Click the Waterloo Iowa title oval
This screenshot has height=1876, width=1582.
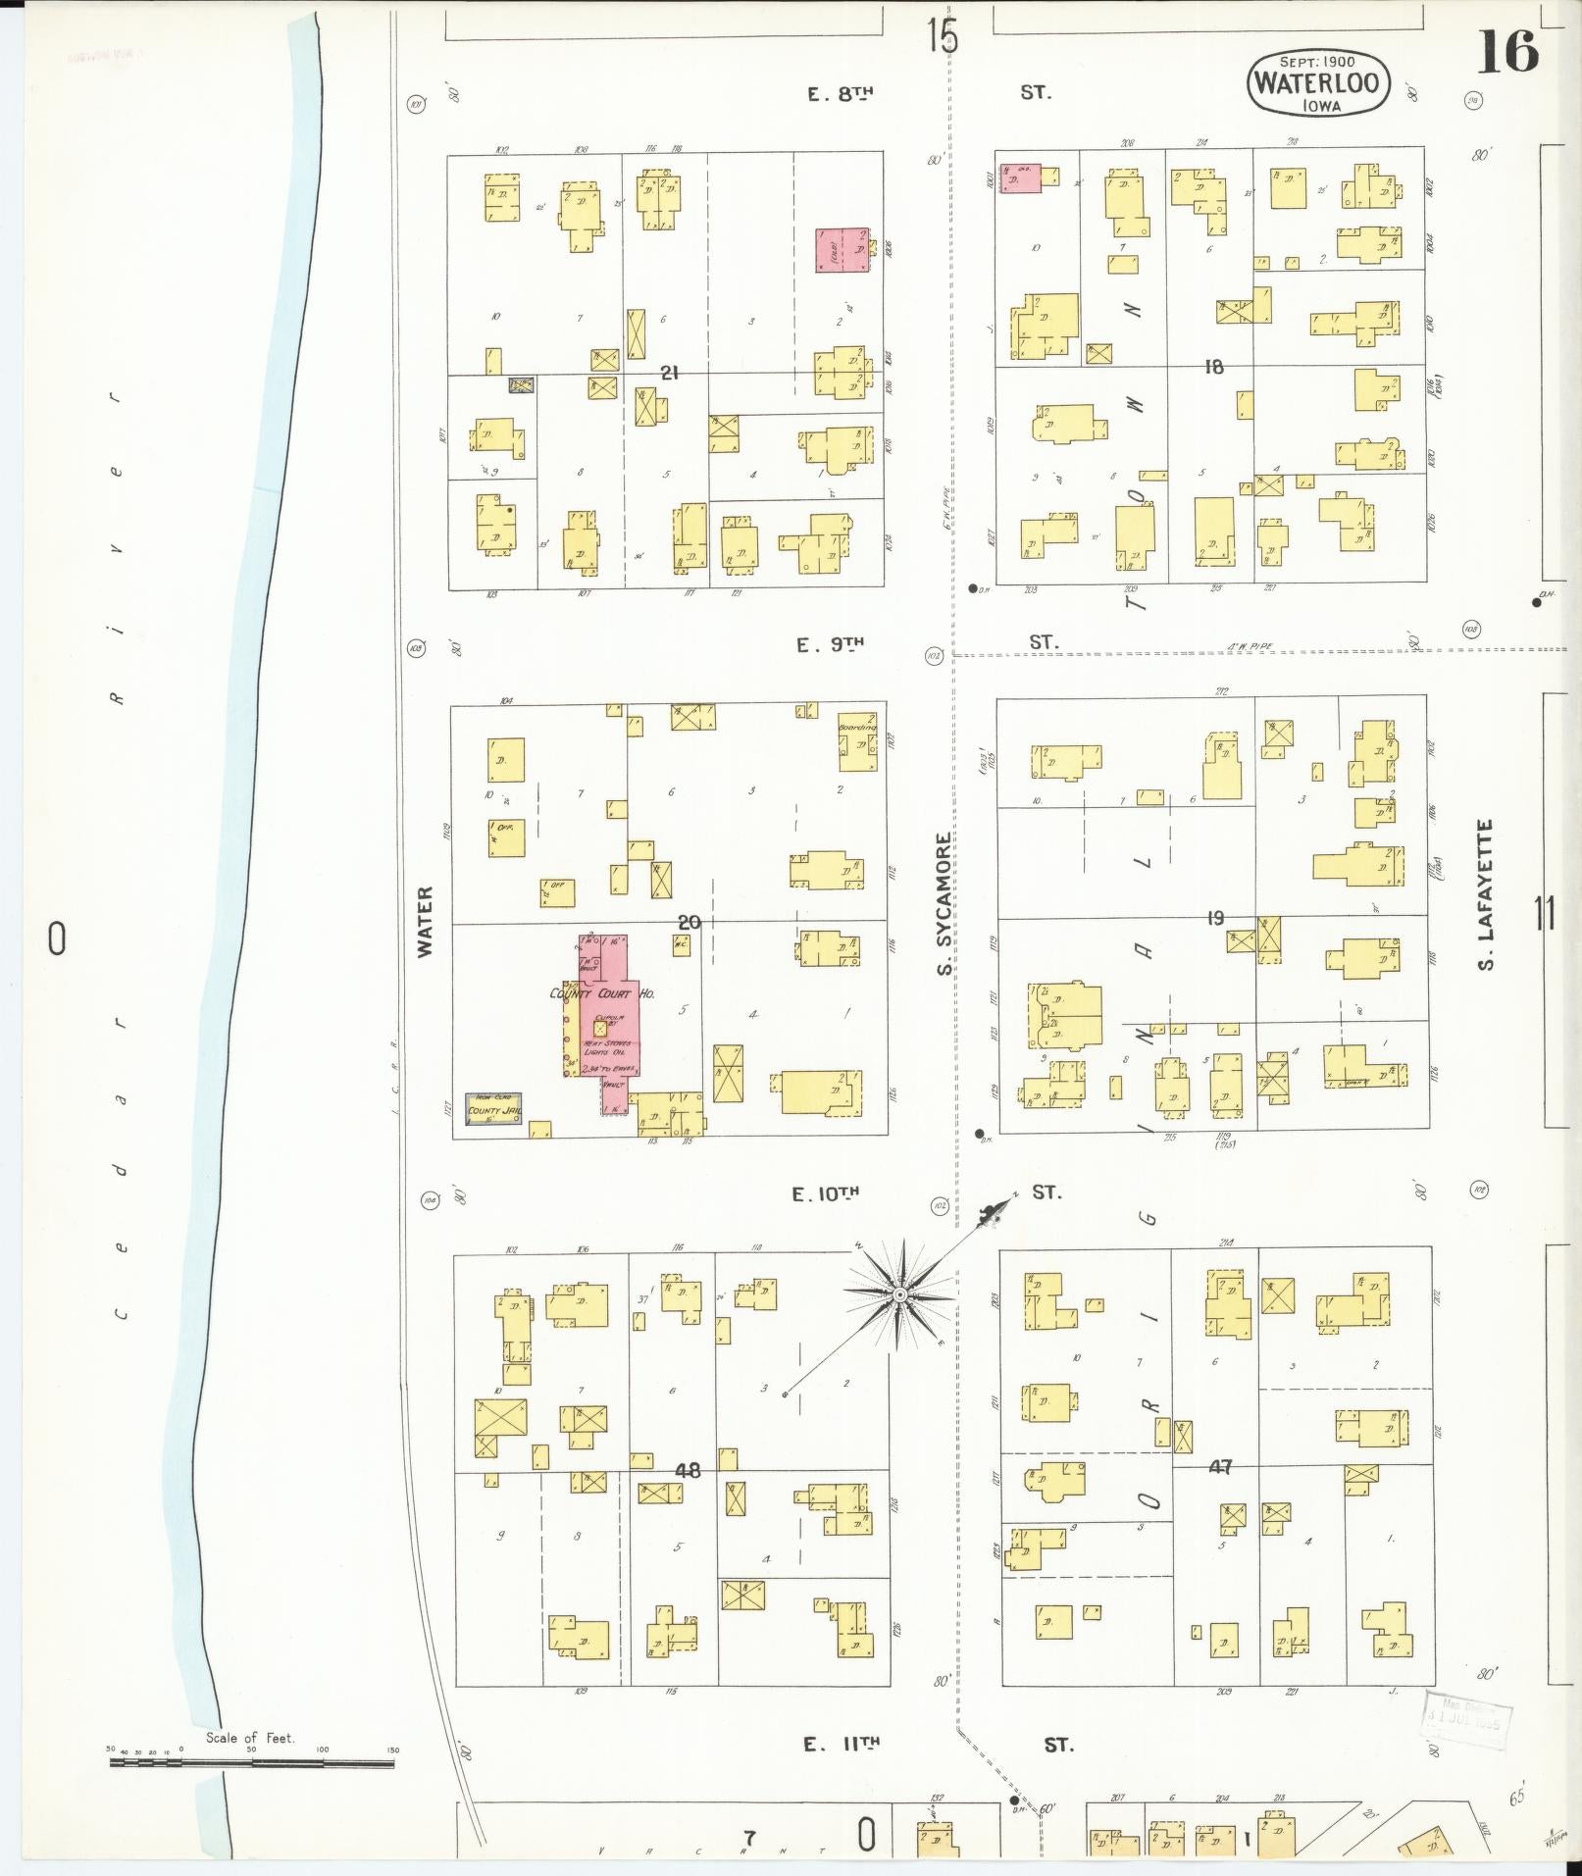click(1318, 82)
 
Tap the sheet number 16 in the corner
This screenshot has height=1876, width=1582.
click(1507, 52)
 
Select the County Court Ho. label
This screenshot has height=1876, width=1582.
click(602, 993)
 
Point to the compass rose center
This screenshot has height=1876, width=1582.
click(898, 1295)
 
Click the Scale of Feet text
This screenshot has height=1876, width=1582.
click(249, 1737)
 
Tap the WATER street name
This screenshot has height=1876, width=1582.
click(425, 921)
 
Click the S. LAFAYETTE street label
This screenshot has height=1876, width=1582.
click(1487, 894)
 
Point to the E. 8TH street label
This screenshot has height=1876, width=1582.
click(841, 93)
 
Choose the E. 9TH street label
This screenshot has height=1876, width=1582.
click(830, 644)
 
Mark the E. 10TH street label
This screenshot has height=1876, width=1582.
click(826, 1193)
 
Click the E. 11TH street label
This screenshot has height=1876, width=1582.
click(842, 1744)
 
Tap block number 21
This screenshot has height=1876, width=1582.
click(670, 373)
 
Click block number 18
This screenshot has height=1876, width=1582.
click(1214, 367)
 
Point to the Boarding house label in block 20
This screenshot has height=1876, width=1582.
click(857, 728)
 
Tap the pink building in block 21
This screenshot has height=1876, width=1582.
click(842, 250)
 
